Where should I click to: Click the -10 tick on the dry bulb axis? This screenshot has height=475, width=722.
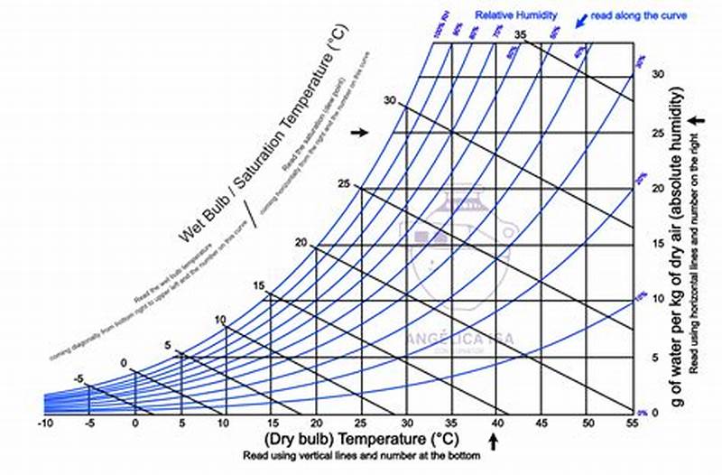[44, 423]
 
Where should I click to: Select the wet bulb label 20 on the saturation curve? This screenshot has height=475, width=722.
[301, 243]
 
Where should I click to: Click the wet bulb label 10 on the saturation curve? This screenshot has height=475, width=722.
[220, 320]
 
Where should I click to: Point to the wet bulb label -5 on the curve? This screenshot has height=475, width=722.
[79, 379]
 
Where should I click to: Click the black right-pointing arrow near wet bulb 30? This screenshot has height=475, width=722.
[360, 132]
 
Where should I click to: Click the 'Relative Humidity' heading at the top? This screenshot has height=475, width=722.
[516, 15]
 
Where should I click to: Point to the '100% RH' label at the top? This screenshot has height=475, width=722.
[440, 32]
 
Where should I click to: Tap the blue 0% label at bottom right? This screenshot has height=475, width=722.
[642, 412]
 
